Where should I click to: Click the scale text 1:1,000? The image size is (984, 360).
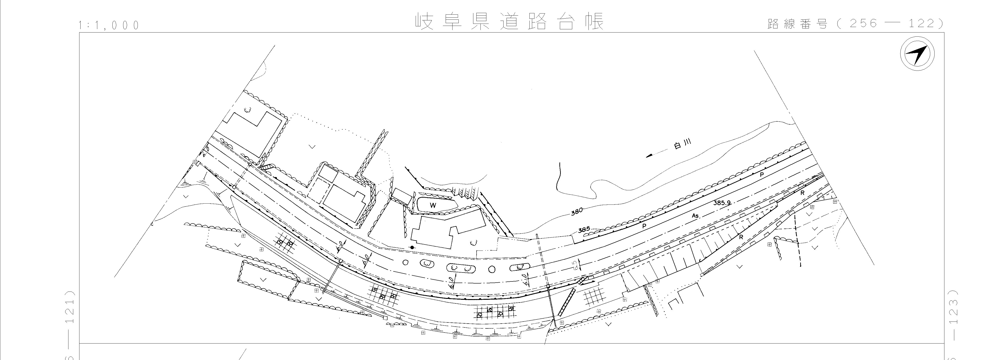(x=109, y=25)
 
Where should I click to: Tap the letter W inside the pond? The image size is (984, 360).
(x=433, y=205)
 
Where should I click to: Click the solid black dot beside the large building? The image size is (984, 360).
(x=412, y=248)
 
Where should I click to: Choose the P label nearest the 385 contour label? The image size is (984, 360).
(x=644, y=226)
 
